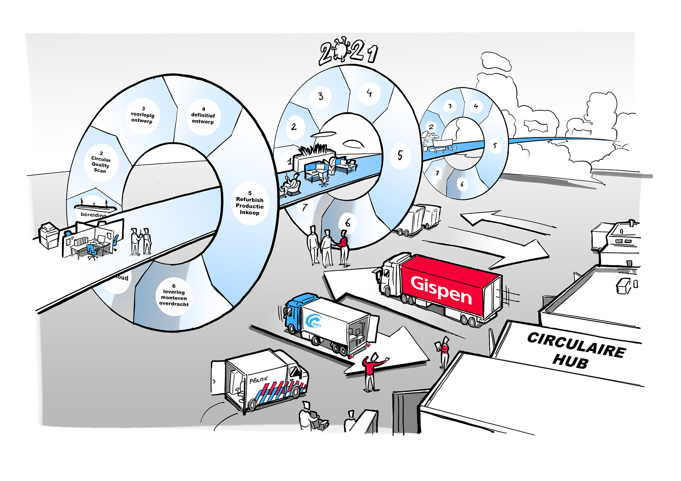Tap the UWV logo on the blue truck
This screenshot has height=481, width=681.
(314, 321)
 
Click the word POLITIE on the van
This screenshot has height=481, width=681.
(259, 380)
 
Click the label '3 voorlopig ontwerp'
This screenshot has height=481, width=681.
(142, 115)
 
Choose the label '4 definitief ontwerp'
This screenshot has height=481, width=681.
(203, 116)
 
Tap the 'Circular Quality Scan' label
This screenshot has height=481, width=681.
(100, 162)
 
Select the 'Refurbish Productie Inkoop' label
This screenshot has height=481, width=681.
(250, 203)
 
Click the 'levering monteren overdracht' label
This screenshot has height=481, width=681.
(174, 295)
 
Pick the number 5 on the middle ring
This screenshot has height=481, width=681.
(400, 155)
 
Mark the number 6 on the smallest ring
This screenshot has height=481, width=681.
(462, 184)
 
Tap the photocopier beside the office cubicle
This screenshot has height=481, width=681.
(49, 235)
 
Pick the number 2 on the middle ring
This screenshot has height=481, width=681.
(294, 127)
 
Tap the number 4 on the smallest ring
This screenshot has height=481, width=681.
(476, 106)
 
